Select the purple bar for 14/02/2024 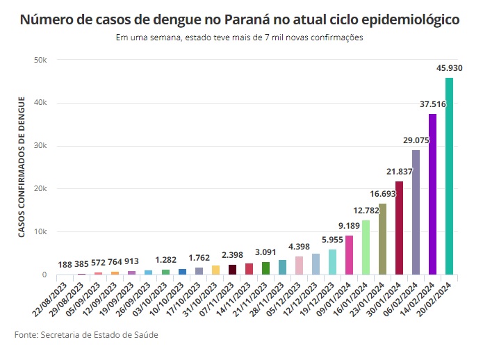coord(432,195)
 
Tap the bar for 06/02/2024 coord(416,213)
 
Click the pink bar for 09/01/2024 coord(349,255)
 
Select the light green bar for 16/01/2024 coord(366,247)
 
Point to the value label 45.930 coord(450,68)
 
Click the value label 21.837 coord(399,171)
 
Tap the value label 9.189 coord(349,225)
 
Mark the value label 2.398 coord(232,254)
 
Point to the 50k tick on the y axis coord(40,60)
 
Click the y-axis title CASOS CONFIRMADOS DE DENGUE coord(22,167)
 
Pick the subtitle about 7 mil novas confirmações coord(240,38)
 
